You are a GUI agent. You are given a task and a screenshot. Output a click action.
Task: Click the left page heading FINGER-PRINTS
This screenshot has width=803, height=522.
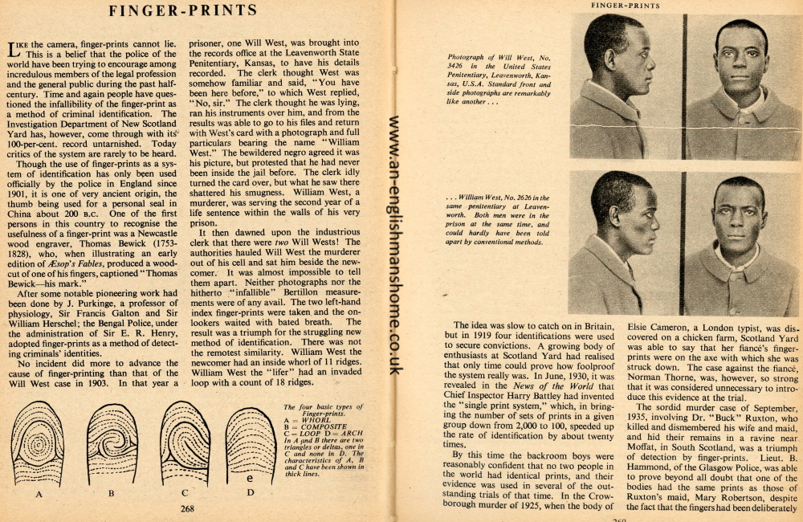pos(183,11)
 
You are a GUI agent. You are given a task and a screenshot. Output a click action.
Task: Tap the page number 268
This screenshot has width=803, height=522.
pos(188,508)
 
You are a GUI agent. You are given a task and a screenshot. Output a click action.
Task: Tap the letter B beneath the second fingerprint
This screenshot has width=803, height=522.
pos(111,494)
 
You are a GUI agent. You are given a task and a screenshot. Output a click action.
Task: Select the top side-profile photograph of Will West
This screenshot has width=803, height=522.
pos(625,86)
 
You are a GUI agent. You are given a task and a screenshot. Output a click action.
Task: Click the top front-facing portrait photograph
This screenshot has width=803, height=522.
pos(740,86)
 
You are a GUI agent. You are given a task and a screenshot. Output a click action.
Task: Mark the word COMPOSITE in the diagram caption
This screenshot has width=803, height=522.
pos(320,426)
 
